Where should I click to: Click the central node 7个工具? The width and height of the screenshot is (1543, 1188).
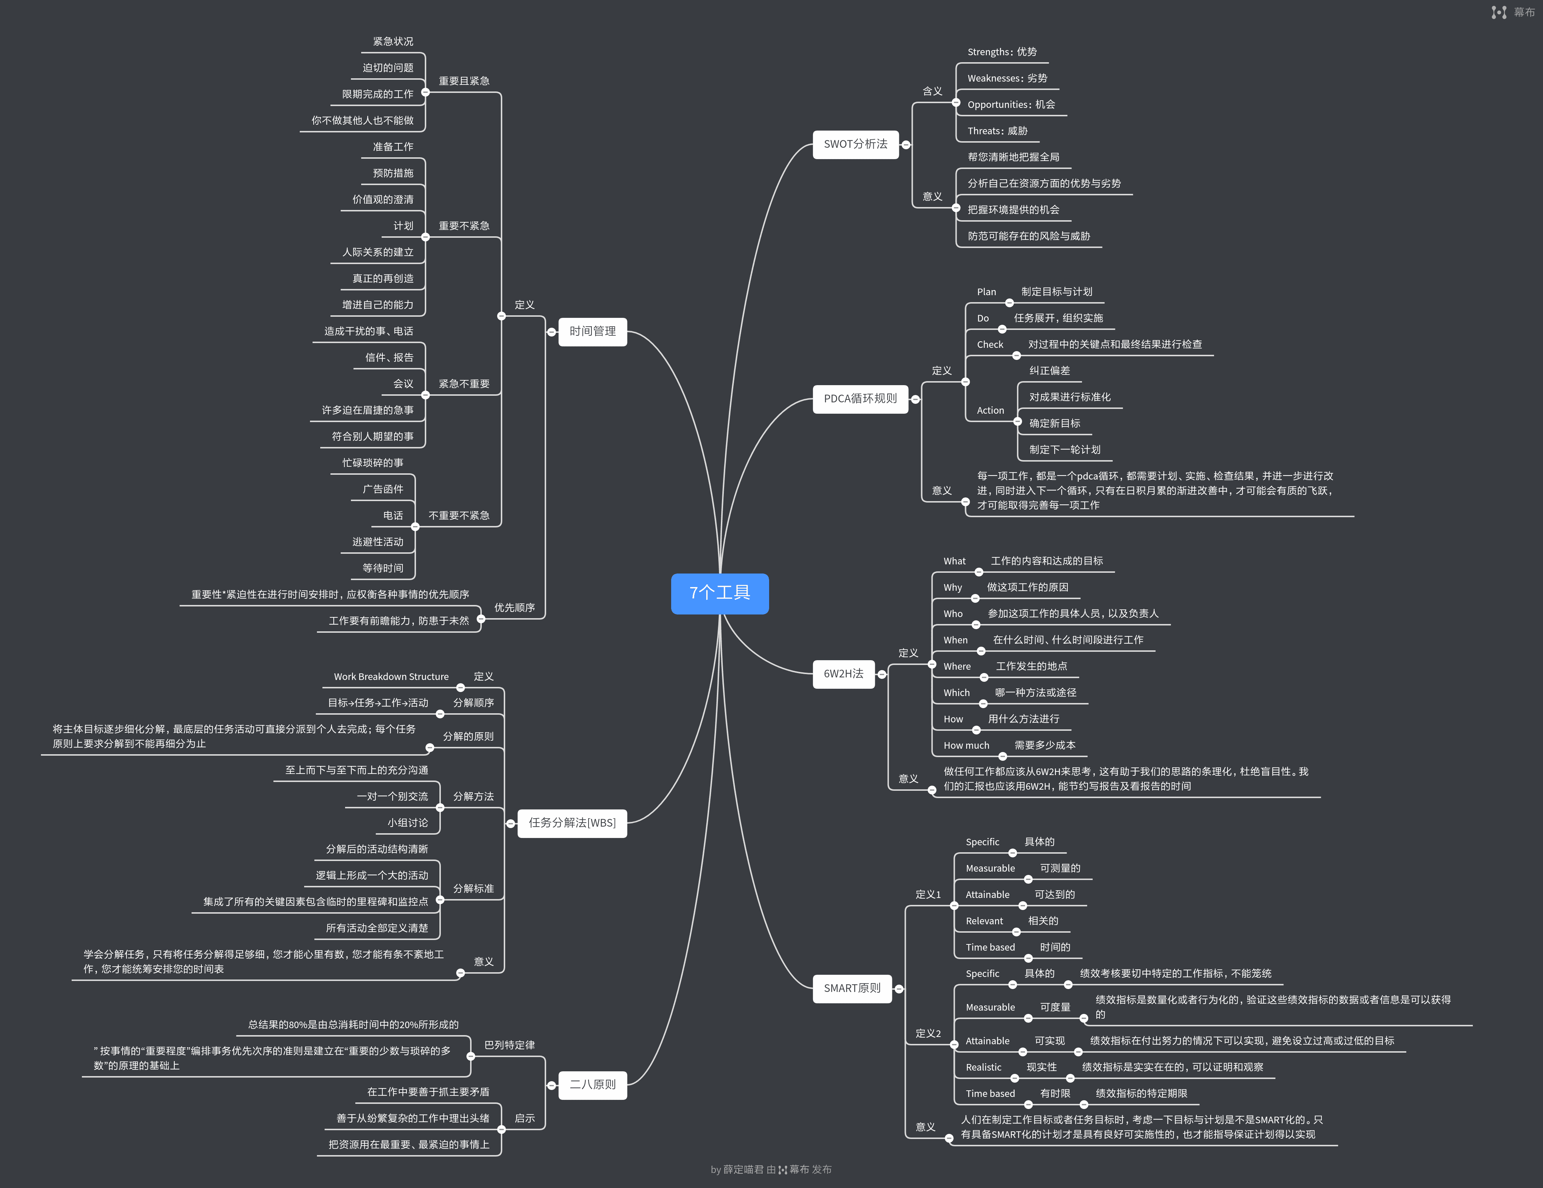[719, 593]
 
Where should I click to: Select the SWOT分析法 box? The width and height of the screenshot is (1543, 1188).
[855, 144]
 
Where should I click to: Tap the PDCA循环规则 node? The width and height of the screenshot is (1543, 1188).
[860, 399]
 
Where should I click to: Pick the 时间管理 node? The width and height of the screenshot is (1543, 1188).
[592, 331]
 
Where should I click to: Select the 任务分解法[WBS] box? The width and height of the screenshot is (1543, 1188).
[572, 823]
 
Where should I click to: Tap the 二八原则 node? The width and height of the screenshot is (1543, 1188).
[592, 1084]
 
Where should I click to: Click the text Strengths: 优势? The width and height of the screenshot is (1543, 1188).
[1002, 52]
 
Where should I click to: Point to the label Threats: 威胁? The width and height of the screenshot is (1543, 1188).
[997, 131]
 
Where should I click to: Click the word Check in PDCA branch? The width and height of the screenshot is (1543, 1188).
[990, 345]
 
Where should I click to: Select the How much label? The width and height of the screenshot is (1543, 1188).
[966, 745]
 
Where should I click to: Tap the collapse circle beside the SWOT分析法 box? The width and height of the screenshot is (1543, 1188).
[906, 145]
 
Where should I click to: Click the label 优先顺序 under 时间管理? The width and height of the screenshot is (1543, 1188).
[514, 608]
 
